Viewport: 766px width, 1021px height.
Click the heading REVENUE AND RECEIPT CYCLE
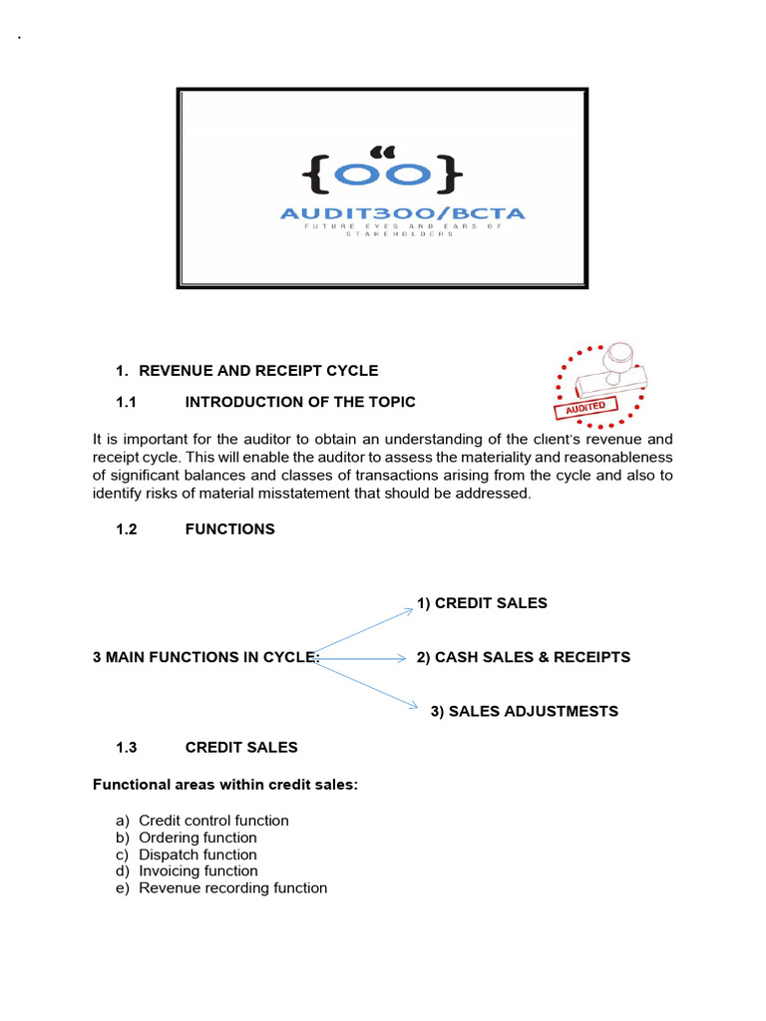point(258,371)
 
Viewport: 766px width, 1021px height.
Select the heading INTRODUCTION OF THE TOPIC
point(300,402)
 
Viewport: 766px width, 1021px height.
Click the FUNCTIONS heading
point(229,529)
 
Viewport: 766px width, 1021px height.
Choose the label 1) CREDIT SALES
point(482,603)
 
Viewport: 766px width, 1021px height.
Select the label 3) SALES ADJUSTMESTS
point(524,711)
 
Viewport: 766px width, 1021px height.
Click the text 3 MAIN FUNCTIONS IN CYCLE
point(205,657)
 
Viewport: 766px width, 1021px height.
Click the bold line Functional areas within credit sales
point(225,785)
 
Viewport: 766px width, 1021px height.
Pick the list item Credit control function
point(213,821)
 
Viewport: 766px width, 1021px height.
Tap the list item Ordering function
point(197,838)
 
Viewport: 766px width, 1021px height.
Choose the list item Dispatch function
point(197,854)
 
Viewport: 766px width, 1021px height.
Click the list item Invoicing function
point(197,870)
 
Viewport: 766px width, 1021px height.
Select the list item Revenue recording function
point(232,887)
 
